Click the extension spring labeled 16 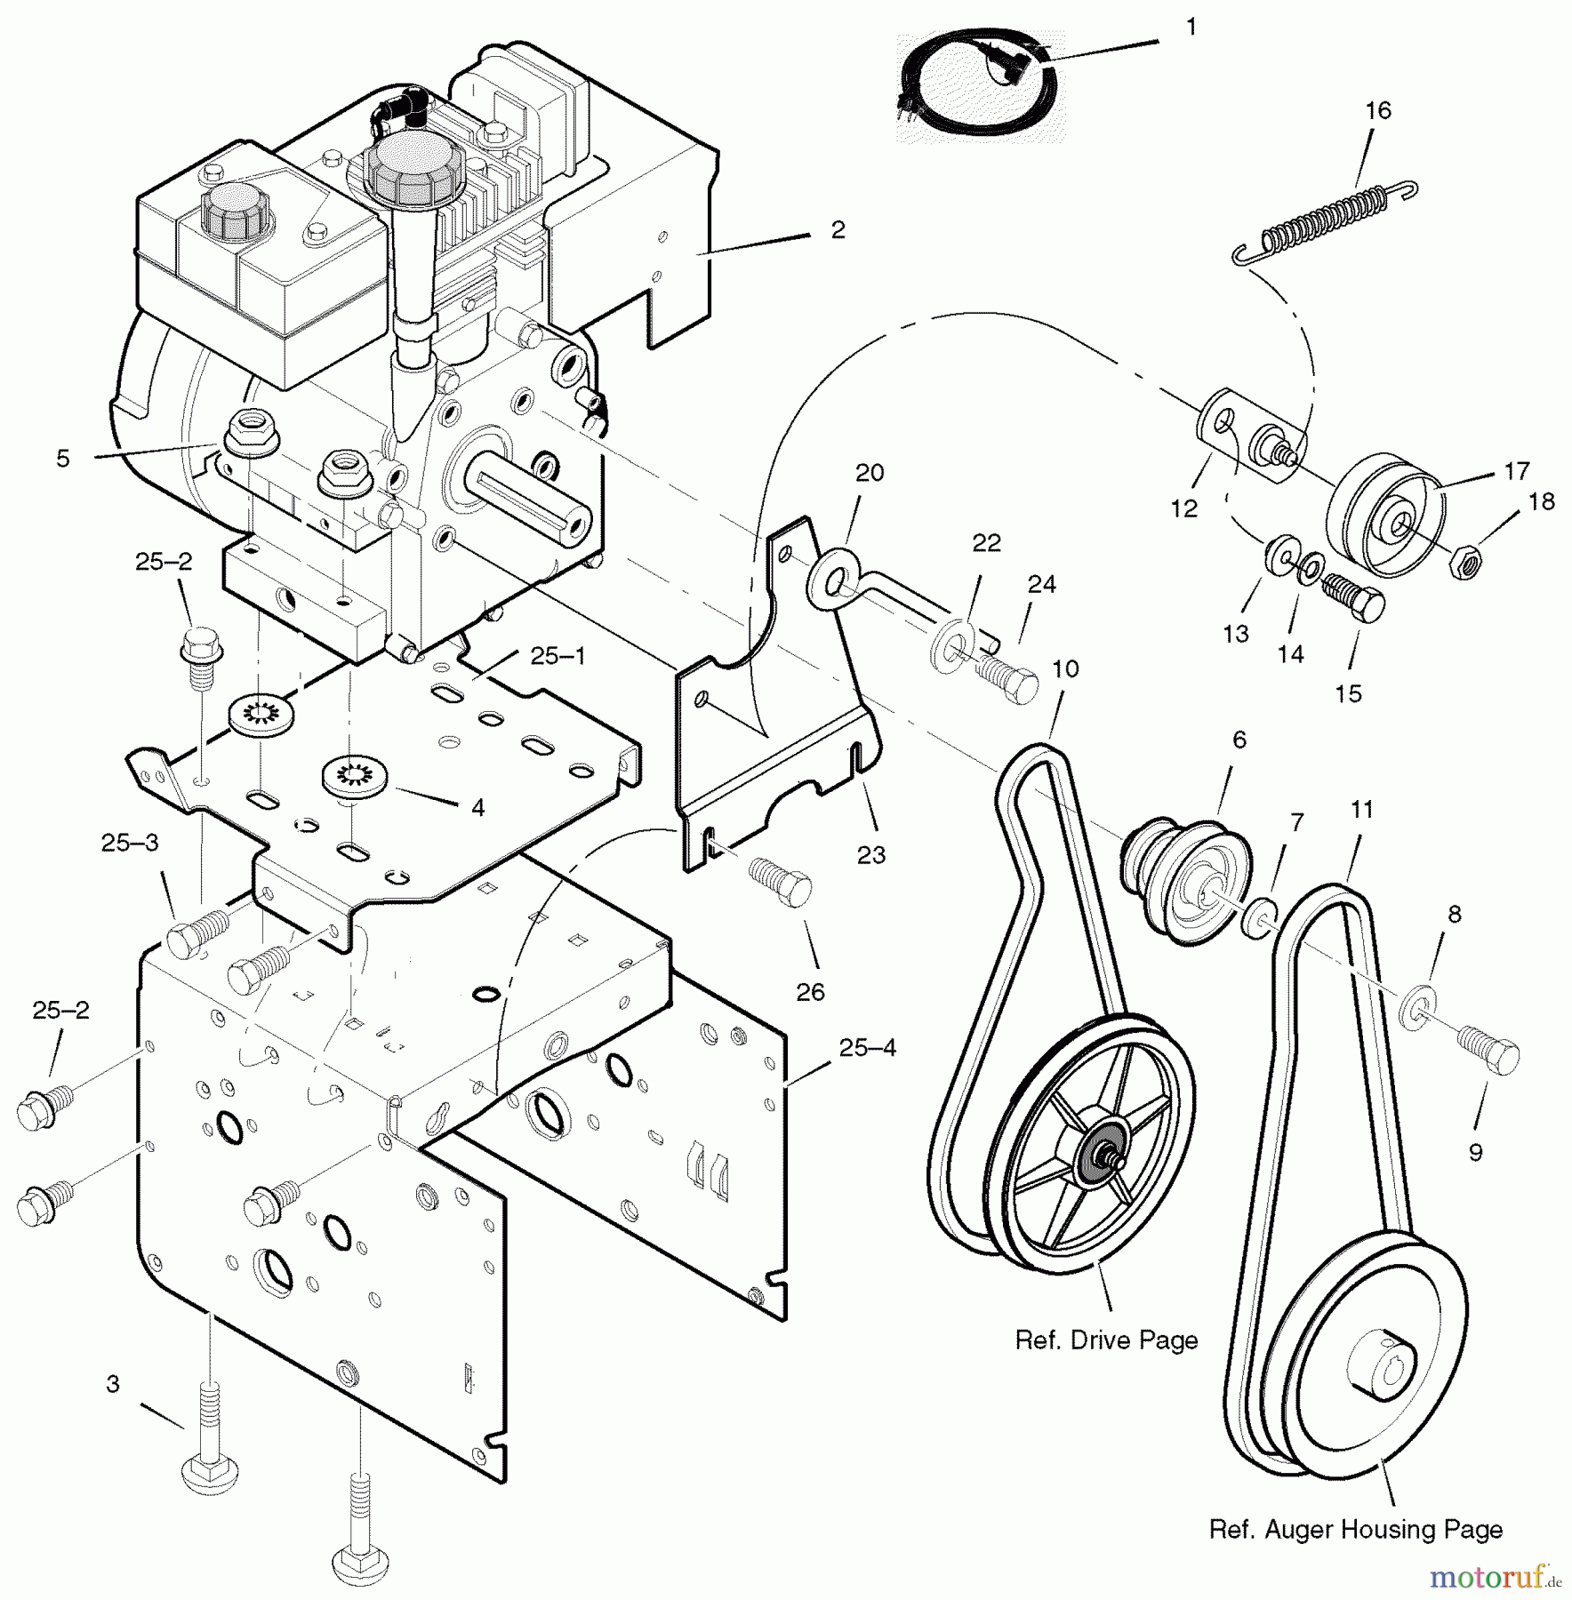coord(1324,221)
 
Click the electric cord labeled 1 coord(977,89)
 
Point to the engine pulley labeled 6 coord(1186,882)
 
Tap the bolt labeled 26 coord(780,880)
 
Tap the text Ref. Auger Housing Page coord(1356,1530)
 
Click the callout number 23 coord(870,854)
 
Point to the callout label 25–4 coord(868,1047)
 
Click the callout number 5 coord(62,459)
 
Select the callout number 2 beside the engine coord(838,229)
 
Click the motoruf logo coord(1496,1578)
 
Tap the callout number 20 coord(870,473)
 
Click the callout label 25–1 coord(559,656)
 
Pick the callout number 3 coord(112,1384)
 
